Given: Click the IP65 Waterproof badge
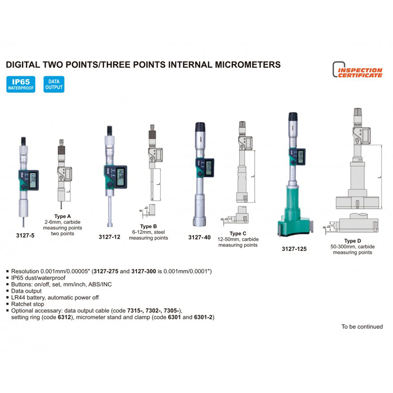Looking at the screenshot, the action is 21,84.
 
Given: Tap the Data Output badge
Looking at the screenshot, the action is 54,84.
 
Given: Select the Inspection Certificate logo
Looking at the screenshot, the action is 357,70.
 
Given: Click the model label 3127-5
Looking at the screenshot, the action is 25,235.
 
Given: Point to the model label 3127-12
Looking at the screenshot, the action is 110,237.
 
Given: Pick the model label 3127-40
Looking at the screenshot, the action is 200,237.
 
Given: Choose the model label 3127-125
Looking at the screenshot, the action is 294,249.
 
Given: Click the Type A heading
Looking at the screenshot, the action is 62,216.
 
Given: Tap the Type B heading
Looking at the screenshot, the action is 149,226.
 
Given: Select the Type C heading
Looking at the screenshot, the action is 238,233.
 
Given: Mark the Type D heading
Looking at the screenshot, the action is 353,241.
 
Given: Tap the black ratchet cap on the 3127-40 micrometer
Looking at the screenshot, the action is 200,127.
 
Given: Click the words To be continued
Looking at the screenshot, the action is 362,327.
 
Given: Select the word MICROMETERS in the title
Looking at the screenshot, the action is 248,65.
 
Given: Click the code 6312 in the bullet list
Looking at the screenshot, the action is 64,317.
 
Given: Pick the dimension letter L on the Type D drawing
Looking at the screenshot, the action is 380,177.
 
